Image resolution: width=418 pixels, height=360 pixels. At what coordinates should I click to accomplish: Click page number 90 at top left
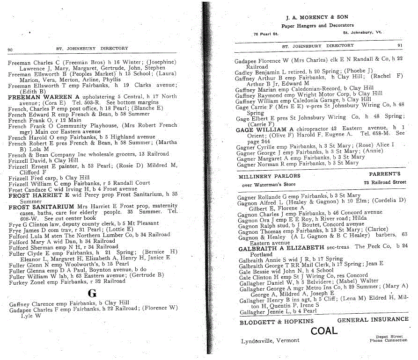click(x=9, y=49)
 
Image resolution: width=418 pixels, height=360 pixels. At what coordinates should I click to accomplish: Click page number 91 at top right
click(x=399, y=45)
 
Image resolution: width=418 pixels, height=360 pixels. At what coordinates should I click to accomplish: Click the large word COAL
click(x=324, y=331)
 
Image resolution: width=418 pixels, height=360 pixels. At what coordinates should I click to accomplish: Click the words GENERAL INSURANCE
click(x=373, y=319)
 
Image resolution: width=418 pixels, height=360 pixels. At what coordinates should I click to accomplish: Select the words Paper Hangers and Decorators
click(x=317, y=25)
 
